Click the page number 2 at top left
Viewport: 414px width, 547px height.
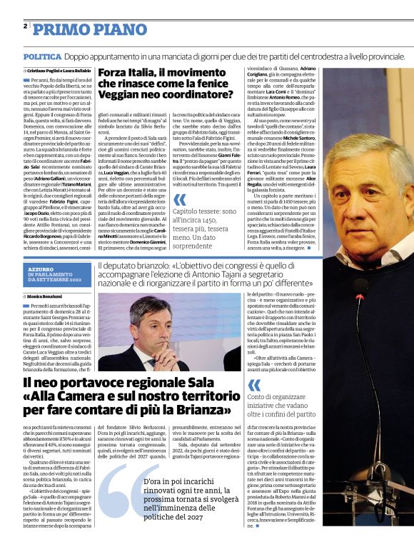pyautogui.click(x=26, y=26)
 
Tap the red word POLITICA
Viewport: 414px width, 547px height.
pyautogui.click(x=41, y=56)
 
